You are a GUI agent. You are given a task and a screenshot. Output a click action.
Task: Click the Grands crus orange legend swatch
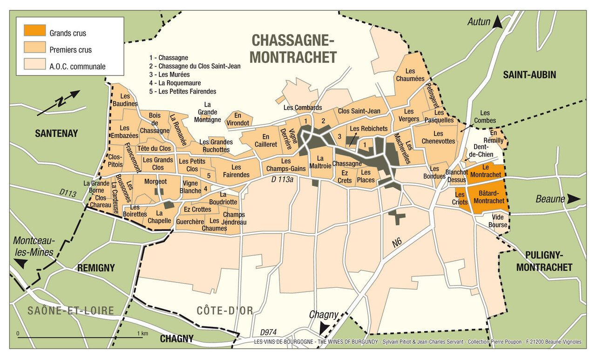pos(35,31)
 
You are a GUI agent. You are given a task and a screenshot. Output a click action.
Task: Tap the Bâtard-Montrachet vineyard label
pos(488,197)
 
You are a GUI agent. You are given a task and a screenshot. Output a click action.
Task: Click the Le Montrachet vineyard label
pos(486,171)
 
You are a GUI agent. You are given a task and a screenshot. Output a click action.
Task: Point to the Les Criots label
pos(460,198)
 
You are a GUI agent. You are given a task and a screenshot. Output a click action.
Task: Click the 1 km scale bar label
pos(142,333)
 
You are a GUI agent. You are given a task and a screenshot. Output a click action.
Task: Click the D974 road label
pos(269,332)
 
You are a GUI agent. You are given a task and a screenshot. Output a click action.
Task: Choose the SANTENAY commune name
pos(56,134)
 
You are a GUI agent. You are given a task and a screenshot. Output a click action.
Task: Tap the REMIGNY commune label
pos(95,268)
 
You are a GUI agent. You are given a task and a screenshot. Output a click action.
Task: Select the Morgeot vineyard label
pos(155,181)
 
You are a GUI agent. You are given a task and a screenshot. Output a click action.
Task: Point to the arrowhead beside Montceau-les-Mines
pos(20,264)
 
